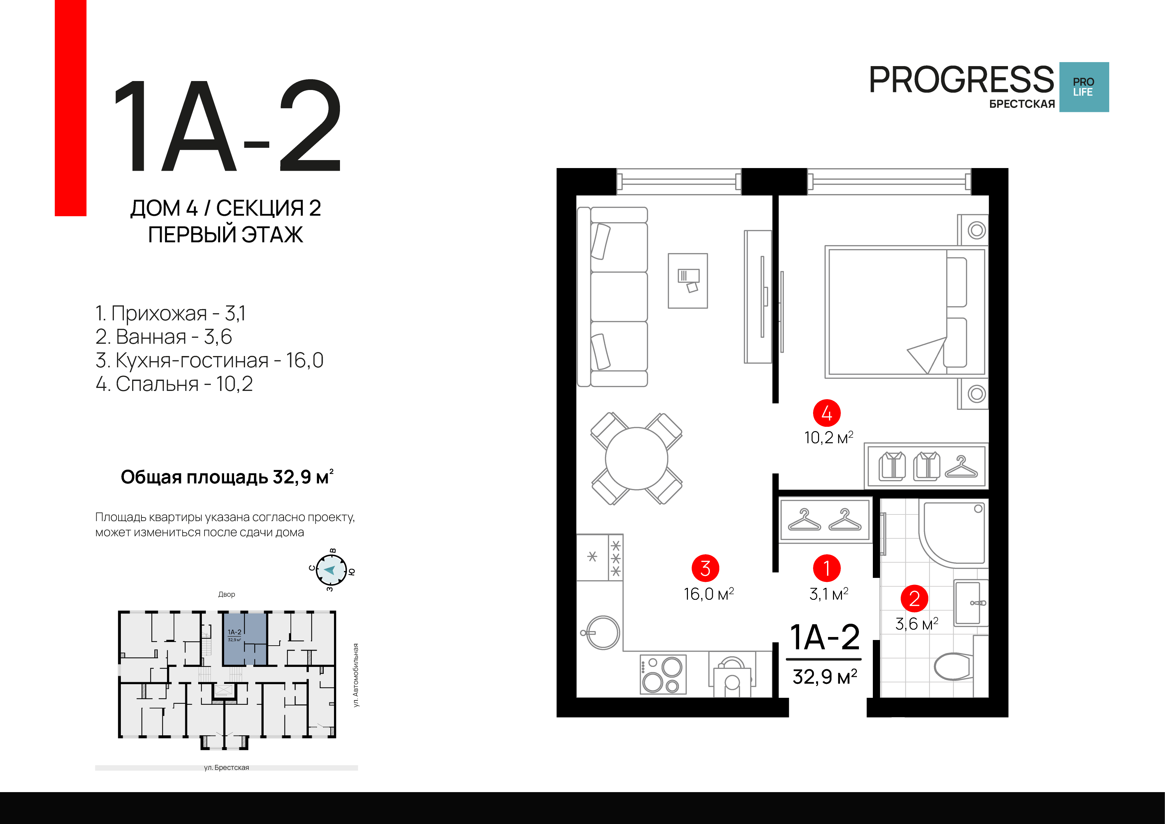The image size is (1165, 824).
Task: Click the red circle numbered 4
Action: [827, 413]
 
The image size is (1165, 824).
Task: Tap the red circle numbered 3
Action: [705, 568]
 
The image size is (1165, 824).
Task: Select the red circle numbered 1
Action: [827, 568]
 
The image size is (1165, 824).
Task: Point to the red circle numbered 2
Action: [914, 598]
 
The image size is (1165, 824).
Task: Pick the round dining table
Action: [636, 458]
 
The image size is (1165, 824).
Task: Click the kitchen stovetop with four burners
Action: [663, 674]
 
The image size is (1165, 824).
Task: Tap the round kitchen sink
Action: [602, 633]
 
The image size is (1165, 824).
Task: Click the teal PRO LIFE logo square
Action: [1084, 87]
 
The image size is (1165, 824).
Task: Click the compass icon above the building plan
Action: [331, 570]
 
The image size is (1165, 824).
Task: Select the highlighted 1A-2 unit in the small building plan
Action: [245, 639]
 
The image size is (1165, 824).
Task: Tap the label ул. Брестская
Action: [226, 768]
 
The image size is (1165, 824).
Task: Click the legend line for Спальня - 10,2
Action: [174, 384]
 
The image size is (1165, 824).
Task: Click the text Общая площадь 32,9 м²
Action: [227, 477]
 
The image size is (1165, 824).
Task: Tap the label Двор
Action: [226, 594]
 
